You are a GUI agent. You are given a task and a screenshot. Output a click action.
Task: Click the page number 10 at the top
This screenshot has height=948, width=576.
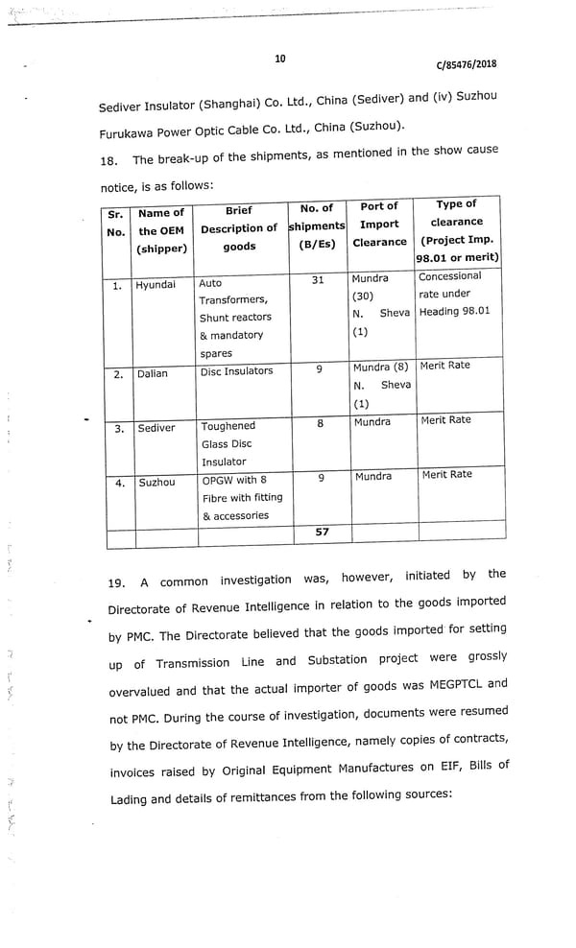tap(279, 59)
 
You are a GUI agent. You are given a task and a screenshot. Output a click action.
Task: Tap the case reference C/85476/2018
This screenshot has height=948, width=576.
tap(466, 65)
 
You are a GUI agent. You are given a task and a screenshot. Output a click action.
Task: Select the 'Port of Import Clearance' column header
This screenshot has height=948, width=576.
tap(379, 225)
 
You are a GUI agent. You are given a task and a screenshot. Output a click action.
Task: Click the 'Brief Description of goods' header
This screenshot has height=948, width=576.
tap(239, 228)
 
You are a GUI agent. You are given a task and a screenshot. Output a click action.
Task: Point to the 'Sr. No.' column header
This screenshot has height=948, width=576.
tap(115, 224)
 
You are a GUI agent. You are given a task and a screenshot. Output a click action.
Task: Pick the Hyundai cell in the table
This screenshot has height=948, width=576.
tap(156, 285)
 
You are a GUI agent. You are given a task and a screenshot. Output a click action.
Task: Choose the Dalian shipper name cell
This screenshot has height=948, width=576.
tap(152, 373)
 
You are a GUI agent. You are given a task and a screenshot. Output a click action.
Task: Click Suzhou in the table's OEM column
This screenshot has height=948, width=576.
tap(156, 483)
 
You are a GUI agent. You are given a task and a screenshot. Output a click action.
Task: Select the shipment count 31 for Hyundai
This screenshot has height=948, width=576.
tap(318, 280)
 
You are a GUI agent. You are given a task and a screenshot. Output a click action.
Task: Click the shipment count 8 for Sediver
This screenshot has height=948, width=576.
tap(320, 422)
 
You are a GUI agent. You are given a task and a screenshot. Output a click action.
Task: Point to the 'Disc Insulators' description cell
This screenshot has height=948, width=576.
tap(236, 371)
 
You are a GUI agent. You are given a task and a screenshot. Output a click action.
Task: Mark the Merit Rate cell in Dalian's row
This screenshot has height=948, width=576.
tap(445, 366)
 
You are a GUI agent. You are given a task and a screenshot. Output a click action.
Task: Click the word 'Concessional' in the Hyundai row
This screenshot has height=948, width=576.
tap(450, 276)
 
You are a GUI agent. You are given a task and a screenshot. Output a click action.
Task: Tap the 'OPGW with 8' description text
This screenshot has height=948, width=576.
tap(234, 480)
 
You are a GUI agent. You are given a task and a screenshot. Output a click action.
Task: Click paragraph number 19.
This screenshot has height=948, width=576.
tap(116, 581)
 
